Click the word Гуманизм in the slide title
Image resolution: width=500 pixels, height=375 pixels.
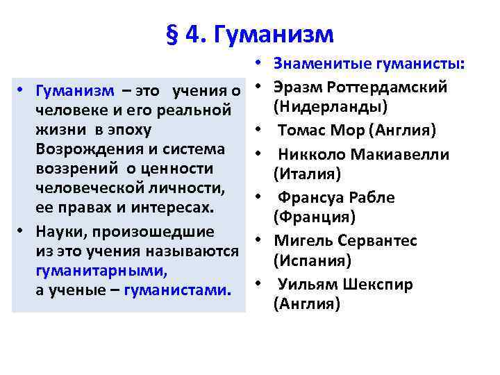(x=274, y=33)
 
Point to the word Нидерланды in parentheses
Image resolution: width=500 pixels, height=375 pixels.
(x=331, y=107)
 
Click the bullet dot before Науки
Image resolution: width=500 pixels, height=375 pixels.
(x=23, y=231)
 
